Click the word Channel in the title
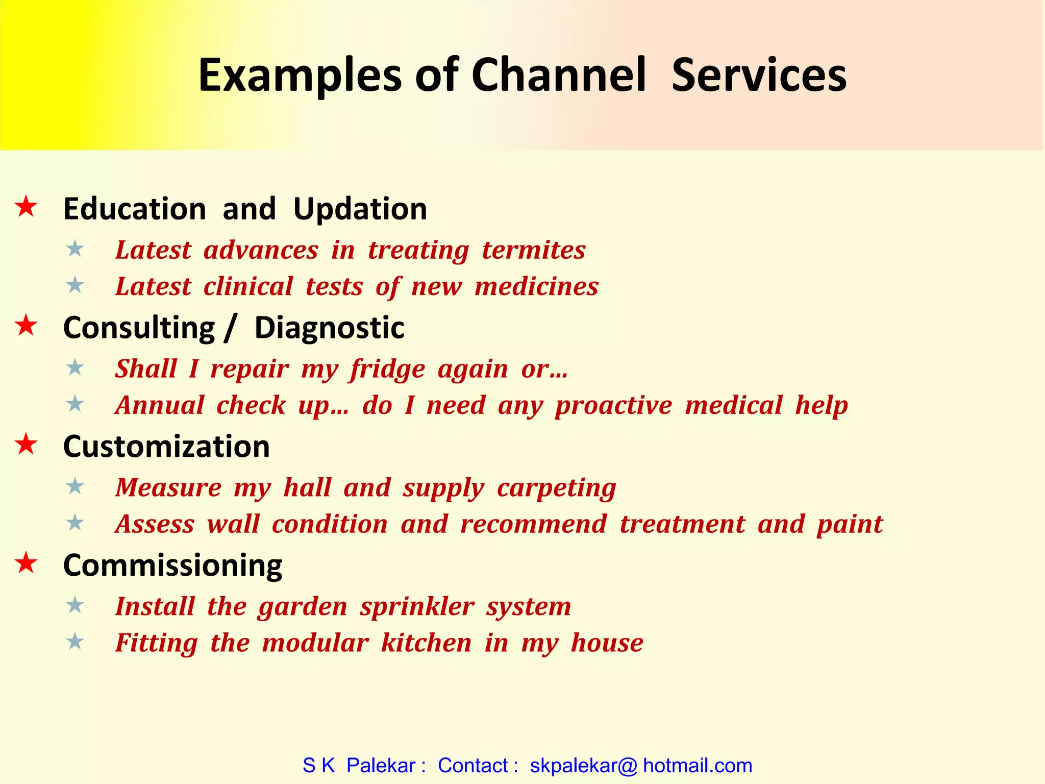click(559, 76)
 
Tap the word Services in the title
click(759, 76)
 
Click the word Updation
click(360, 209)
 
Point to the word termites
click(533, 250)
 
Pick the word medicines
click(536, 286)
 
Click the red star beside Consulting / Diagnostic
click(26, 326)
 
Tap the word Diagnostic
click(329, 328)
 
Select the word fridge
click(387, 370)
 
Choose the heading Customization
click(166, 447)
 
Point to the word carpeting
click(556, 488)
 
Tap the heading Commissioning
click(172, 566)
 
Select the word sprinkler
click(417, 607)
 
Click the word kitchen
click(426, 643)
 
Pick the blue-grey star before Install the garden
click(75, 605)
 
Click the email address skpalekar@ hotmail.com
click(641, 766)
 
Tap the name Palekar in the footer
click(381, 766)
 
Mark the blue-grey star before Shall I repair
click(75, 367)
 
